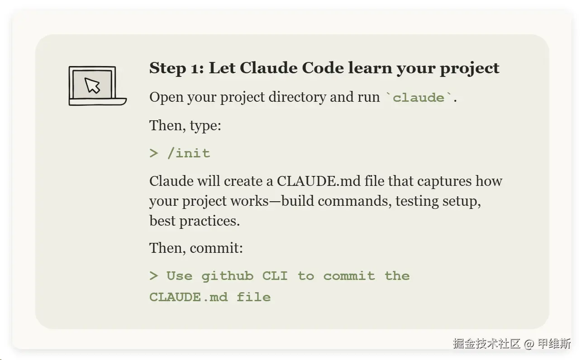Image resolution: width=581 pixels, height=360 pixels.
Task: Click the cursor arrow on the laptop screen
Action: (92, 85)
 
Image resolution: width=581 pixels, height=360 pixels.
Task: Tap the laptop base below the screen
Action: (98, 102)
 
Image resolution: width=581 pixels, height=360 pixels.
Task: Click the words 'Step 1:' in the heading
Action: (176, 68)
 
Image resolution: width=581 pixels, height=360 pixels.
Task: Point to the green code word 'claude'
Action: (419, 98)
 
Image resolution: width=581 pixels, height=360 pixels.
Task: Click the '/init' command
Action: (189, 153)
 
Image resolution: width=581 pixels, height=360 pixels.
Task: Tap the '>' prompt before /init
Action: (153, 153)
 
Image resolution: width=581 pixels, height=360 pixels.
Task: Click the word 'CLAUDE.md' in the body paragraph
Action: (319, 181)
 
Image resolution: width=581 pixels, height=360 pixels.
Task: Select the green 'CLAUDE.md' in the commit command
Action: (189, 297)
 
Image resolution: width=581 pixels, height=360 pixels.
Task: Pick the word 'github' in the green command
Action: (228, 276)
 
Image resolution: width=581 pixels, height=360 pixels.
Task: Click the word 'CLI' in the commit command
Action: (275, 276)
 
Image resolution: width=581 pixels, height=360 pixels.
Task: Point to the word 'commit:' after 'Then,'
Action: (216, 248)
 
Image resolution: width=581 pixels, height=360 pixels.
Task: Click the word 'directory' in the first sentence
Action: (297, 98)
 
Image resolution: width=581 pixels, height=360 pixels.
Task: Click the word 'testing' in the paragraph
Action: (417, 202)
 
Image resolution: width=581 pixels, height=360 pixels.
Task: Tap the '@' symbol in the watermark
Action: (529, 344)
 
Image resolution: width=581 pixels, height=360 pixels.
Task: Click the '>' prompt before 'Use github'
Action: (153, 276)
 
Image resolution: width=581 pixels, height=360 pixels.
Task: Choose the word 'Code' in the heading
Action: (323, 68)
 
